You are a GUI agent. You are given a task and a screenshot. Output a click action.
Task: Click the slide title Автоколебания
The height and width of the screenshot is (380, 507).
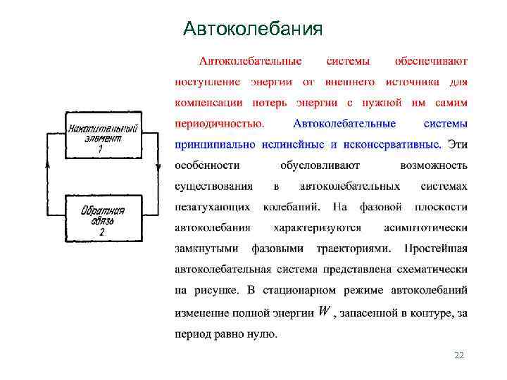point(253,29)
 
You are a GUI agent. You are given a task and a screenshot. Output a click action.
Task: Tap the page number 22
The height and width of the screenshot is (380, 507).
point(460,355)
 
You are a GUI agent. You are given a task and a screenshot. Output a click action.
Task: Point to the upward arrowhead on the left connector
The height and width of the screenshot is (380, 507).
point(47,164)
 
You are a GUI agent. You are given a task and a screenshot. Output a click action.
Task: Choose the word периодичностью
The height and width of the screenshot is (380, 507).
point(220,124)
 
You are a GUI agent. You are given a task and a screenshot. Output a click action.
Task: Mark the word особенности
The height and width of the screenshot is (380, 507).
point(207,165)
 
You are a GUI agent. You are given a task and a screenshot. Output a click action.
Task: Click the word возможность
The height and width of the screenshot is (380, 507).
point(434,165)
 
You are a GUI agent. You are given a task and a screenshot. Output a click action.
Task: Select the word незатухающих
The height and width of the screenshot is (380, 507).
point(212,207)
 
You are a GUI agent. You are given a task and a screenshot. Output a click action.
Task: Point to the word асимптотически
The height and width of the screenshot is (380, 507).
point(426,227)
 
